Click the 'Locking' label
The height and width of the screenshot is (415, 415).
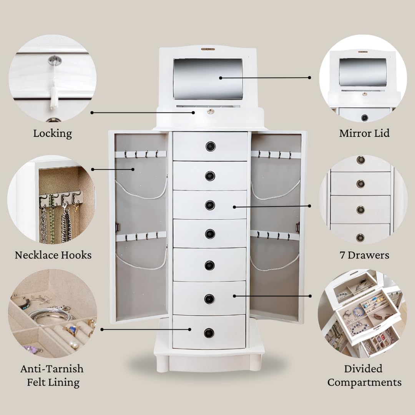pyautogui.click(x=52, y=133)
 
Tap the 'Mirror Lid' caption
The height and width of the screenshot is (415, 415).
pyautogui.click(x=364, y=133)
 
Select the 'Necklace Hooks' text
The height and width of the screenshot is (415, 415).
pyautogui.click(x=53, y=255)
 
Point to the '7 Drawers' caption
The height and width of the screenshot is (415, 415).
pyautogui.click(x=364, y=255)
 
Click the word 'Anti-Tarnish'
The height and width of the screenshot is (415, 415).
pyautogui.click(x=52, y=369)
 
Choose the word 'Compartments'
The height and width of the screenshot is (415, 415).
pyautogui.click(x=364, y=382)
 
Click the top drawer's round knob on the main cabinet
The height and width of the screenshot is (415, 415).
pyautogui.click(x=211, y=146)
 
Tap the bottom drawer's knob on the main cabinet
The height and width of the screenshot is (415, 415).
pyautogui.click(x=209, y=333)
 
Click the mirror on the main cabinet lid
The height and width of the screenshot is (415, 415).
pyautogui.click(x=208, y=79)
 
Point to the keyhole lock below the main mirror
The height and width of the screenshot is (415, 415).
pyautogui.click(x=211, y=111)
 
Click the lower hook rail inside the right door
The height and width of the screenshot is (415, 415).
pyautogui.click(x=275, y=235)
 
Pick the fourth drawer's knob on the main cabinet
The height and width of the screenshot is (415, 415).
pyautogui.click(x=210, y=234)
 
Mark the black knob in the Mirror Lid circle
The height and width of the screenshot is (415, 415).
pyautogui.click(x=364, y=118)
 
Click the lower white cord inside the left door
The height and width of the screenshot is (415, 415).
pyautogui.click(x=141, y=262)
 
